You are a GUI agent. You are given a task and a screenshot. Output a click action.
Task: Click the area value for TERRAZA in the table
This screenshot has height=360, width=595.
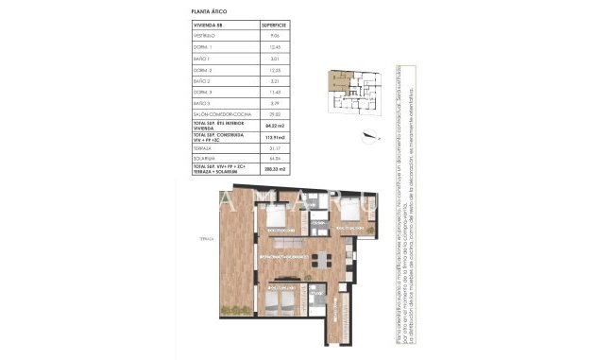coord(275,149)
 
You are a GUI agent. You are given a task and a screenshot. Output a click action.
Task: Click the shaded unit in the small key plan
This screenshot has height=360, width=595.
coord(333,81)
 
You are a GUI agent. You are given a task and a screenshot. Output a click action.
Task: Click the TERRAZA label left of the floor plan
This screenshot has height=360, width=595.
coord(195,238)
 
